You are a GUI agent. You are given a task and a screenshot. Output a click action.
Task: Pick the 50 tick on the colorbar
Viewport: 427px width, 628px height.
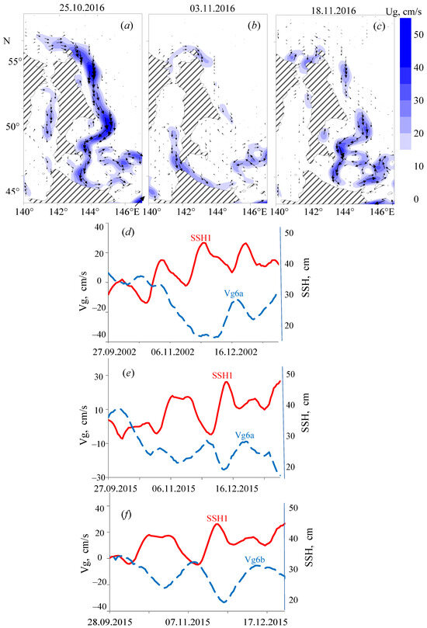416,36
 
